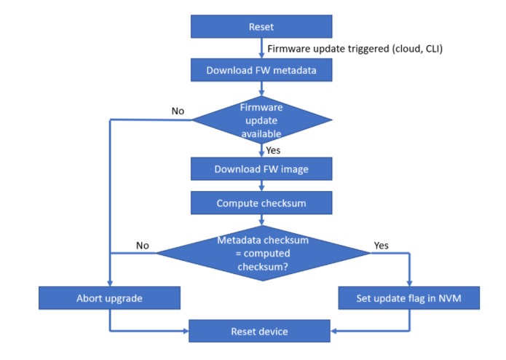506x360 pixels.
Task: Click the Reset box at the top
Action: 261,26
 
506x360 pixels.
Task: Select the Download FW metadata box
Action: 261,70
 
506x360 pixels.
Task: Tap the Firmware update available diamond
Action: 261,120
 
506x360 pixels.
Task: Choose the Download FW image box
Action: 261,169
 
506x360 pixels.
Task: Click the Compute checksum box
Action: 261,203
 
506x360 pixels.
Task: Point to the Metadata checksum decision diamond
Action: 263,253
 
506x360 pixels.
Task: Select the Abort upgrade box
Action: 109,298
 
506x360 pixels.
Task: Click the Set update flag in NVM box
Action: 409,298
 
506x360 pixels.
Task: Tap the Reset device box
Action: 259,331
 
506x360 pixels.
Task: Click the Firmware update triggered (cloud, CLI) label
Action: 355,48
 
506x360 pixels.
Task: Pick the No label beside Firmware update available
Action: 178,111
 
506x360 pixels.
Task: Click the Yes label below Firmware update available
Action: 273,150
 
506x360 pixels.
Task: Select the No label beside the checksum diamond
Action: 142,246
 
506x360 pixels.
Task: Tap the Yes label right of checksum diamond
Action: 381,246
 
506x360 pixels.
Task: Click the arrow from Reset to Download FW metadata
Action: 261,48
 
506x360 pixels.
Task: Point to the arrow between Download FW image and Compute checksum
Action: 261,186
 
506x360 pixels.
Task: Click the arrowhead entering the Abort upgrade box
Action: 110,283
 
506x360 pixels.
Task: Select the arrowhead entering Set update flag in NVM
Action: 409,283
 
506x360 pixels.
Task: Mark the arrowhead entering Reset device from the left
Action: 186,331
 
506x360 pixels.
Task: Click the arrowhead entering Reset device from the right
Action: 333,331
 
